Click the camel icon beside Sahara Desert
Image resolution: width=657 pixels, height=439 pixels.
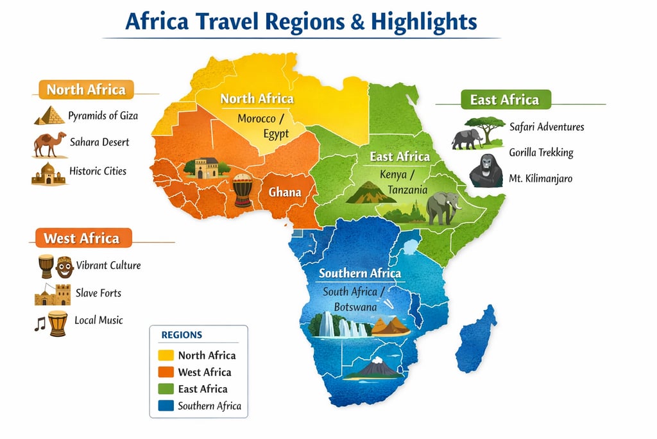49,144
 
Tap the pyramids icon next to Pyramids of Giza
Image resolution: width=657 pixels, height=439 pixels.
49,116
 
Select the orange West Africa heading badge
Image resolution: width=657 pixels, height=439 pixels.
82,239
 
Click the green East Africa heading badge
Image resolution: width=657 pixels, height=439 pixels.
505,99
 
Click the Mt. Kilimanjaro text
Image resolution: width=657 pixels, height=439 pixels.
540,178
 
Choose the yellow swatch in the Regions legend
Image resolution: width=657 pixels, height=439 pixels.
166,355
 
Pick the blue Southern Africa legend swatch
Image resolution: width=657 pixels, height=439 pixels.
166,405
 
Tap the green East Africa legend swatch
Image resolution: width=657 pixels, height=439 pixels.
166,388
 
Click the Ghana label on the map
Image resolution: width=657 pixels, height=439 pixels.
284,192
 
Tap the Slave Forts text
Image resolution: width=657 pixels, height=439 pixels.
98,293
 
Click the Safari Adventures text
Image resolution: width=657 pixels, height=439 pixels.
547,126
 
